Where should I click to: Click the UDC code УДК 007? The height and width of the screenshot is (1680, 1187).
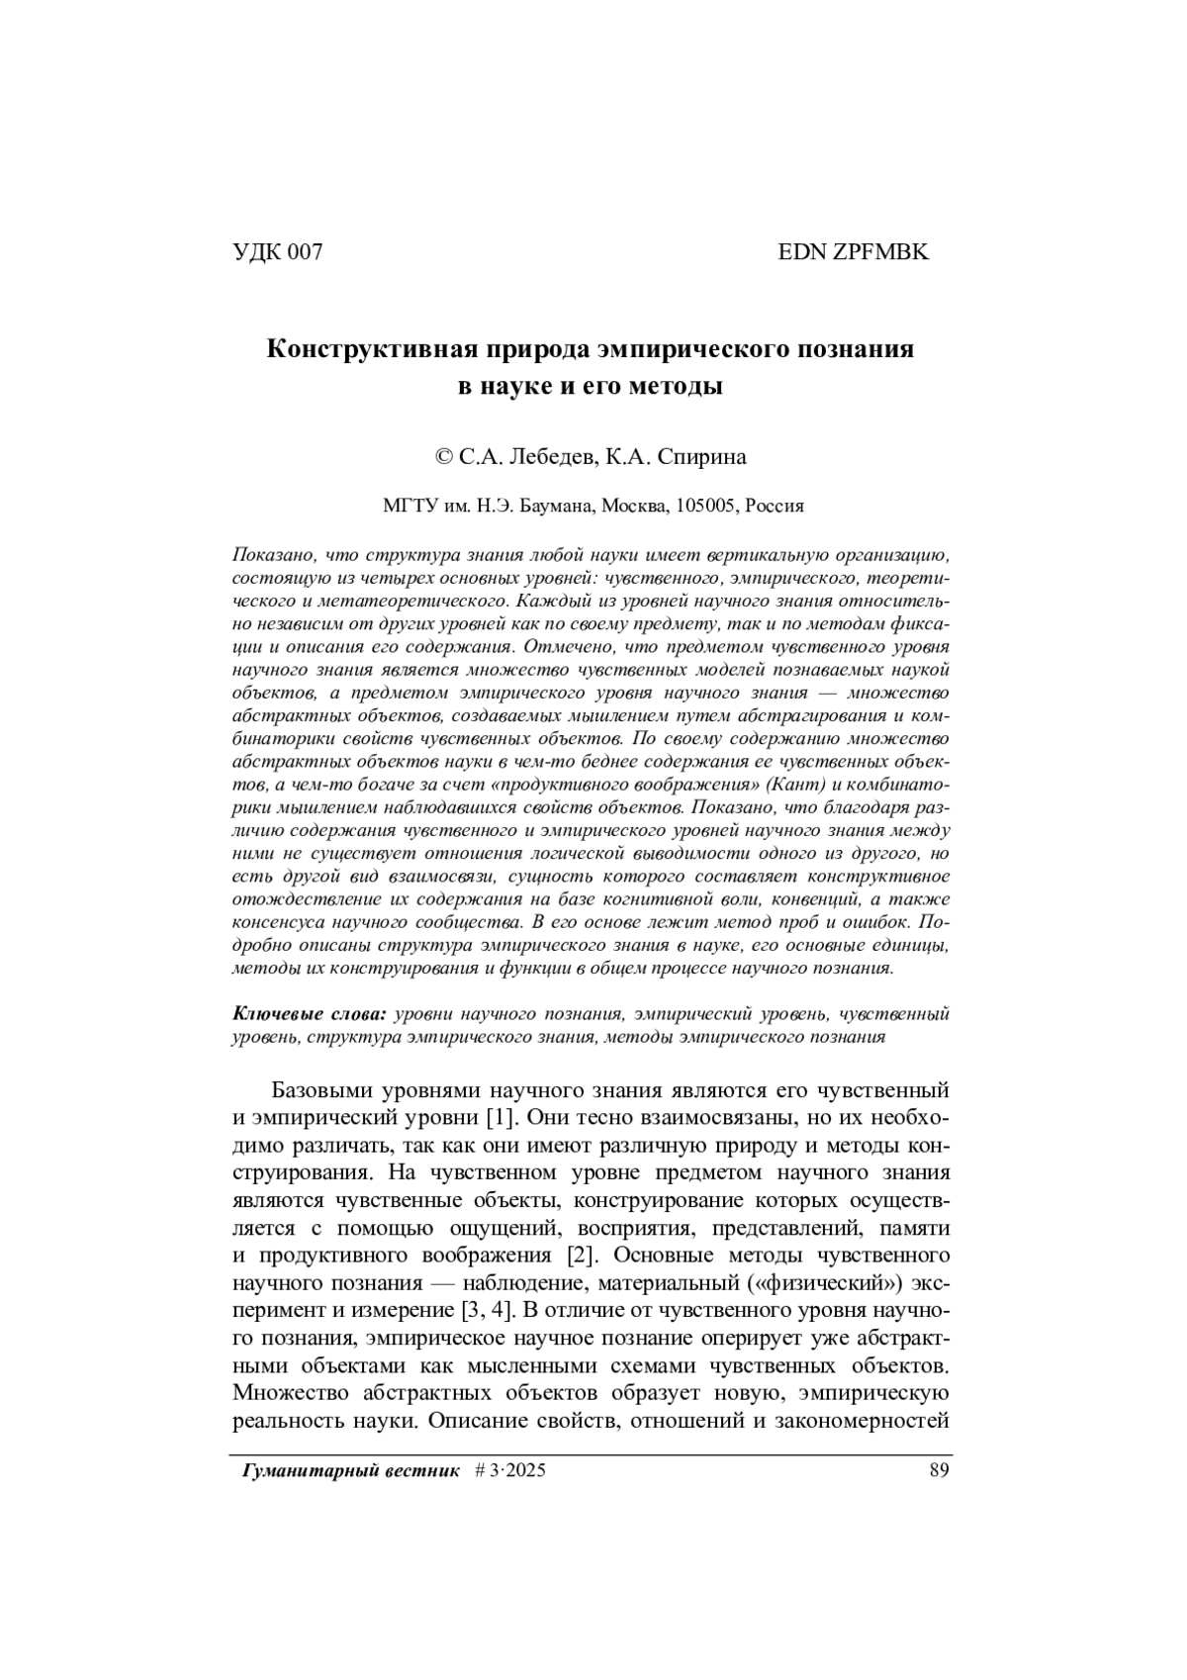277,252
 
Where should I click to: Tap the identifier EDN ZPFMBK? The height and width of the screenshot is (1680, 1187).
854,252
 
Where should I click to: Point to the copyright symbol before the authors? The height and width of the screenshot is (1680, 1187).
444,457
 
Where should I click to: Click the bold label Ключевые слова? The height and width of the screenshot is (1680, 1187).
310,1014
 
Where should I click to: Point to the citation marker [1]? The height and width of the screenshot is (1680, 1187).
500,1118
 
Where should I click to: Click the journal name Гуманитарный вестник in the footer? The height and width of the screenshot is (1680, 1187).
351,1471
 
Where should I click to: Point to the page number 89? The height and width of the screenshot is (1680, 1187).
939,1471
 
